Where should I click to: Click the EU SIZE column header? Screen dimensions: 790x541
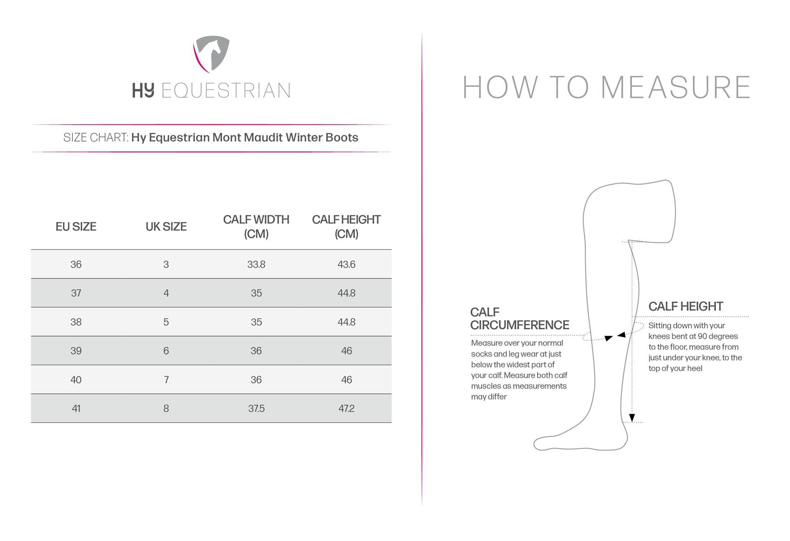click(x=76, y=226)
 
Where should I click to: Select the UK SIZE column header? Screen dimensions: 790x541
click(x=166, y=226)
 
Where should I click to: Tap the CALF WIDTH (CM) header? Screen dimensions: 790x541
click(x=256, y=226)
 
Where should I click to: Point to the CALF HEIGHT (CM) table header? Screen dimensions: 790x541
click(x=346, y=226)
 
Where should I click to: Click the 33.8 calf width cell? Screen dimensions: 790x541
click(x=256, y=264)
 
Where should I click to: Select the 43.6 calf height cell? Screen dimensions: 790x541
click(x=346, y=264)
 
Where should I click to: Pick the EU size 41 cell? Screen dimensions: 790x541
click(x=76, y=408)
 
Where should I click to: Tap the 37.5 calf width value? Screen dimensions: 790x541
click(x=256, y=408)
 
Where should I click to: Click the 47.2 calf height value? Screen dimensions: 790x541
click(x=346, y=408)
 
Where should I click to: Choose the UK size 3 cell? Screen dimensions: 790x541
click(x=166, y=264)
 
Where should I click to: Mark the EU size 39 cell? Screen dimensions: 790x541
click(x=76, y=351)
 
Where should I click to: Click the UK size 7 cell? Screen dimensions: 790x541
click(x=166, y=380)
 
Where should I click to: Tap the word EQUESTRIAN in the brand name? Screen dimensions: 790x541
click(x=226, y=90)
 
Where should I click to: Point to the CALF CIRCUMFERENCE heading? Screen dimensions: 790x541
click(x=520, y=319)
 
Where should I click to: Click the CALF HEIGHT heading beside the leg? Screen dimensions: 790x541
click(x=686, y=306)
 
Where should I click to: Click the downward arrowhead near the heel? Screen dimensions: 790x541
click(x=632, y=418)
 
